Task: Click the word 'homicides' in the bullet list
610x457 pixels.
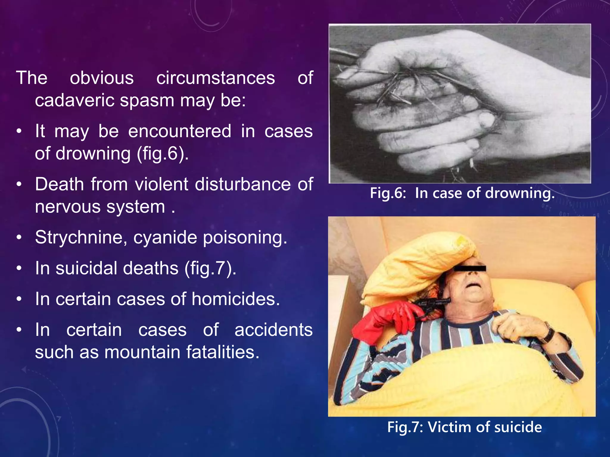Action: pyautogui.click(x=235, y=299)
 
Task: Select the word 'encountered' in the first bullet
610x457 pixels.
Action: pyautogui.click(x=180, y=131)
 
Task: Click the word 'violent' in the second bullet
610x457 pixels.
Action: pyautogui.click(x=161, y=184)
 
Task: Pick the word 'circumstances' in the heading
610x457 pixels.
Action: pyautogui.click(x=216, y=78)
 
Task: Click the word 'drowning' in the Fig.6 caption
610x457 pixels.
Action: pyautogui.click(x=520, y=193)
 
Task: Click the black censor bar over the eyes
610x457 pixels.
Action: pyautogui.click(x=470, y=269)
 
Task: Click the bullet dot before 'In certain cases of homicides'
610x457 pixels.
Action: pyautogui.click(x=19, y=299)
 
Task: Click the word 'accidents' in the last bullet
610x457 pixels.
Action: pyautogui.click(x=273, y=330)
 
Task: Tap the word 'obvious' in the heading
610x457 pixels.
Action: pyautogui.click(x=102, y=78)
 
